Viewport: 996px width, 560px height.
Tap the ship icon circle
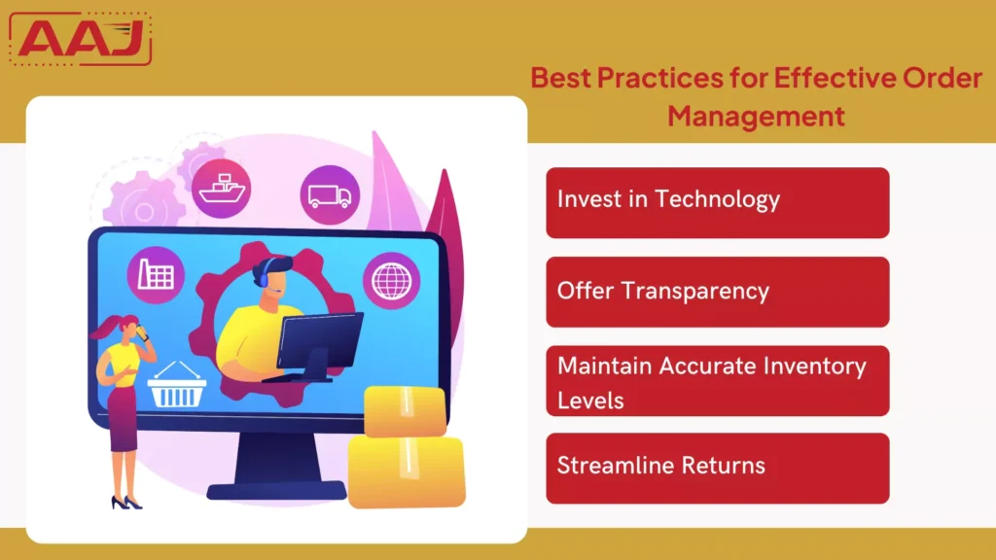coord(221,188)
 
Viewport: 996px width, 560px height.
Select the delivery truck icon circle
coord(330,194)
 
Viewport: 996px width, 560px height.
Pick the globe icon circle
coord(392,280)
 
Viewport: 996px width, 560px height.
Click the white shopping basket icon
coord(176,388)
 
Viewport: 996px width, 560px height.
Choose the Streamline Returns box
coord(717,468)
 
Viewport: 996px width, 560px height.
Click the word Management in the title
coord(756,116)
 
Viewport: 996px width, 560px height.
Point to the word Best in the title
coord(560,78)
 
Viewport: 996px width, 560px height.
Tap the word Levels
coord(589,399)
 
